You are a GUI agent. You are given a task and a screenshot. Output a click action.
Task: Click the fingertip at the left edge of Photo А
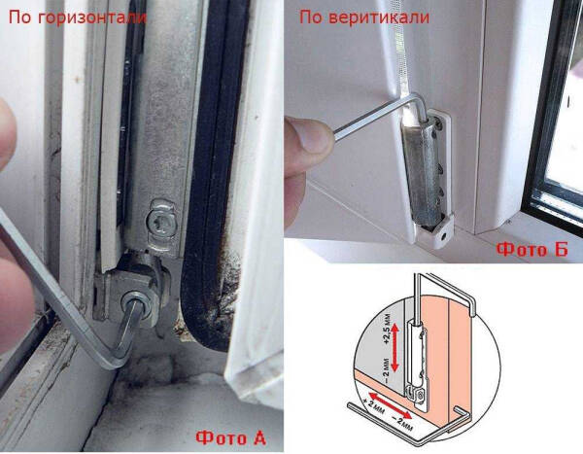pyautogui.click(x=8, y=146)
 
